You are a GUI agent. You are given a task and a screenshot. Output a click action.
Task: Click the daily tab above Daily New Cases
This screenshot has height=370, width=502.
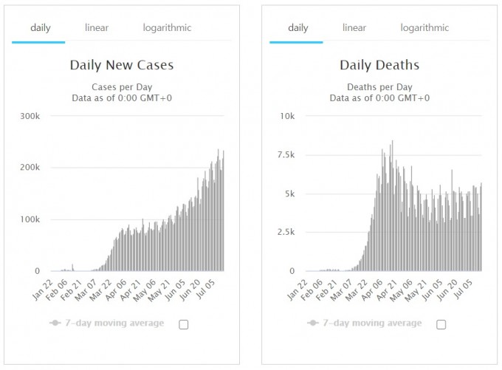click(41, 28)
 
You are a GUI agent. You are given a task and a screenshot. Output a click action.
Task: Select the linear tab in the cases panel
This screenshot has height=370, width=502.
click(97, 28)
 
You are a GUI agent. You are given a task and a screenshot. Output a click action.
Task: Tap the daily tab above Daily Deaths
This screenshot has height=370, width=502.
click(298, 28)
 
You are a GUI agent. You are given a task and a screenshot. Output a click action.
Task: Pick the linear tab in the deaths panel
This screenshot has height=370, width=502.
click(354, 28)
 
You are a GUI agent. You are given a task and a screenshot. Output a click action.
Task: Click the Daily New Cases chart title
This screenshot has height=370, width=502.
click(122, 65)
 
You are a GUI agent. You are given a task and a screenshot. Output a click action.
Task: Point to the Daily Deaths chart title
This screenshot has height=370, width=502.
click(379, 65)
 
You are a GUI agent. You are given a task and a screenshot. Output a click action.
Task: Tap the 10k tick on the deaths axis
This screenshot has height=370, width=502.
click(286, 117)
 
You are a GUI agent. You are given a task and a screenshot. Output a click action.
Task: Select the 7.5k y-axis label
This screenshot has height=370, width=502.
click(284, 155)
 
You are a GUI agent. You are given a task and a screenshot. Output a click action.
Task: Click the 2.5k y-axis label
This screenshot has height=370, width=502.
click(284, 232)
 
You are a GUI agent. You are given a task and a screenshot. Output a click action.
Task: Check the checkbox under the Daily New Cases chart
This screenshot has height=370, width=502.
click(184, 323)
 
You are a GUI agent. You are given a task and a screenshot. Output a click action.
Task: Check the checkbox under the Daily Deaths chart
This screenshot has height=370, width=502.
click(441, 323)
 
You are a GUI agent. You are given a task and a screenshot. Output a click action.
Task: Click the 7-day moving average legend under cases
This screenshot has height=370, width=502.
click(107, 323)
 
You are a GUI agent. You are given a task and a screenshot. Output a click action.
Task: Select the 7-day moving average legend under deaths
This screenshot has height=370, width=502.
click(365, 323)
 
